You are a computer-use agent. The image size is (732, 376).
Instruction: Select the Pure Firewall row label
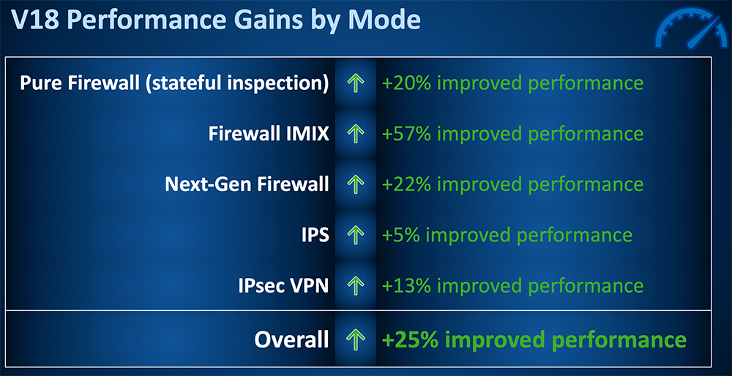pyautogui.click(x=174, y=84)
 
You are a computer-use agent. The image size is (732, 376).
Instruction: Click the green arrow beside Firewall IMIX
pyautogui.click(x=356, y=134)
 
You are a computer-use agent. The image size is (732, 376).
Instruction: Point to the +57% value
pyautogui.click(x=406, y=134)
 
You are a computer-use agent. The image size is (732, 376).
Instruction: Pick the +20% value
pyautogui.click(x=406, y=83)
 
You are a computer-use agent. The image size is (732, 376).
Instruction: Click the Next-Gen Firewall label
pyautogui.click(x=247, y=184)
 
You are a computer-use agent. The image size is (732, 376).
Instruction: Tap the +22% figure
pyautogui.click(x=406, y=184)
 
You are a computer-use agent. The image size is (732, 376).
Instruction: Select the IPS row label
pyautogui.click(x=315, y=235)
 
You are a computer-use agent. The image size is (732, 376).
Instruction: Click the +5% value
pyautogui.click(x=400, y=235)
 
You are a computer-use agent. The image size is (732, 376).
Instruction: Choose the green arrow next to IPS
pyautogui.click(x=356, y=235)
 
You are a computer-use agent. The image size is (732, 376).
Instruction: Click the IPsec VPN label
pyautogui.click(x=283, y=285)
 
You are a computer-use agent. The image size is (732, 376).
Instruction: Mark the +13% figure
pyautogui.click(x=406, y=285)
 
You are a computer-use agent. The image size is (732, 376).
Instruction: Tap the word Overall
pyautogui.click(x=292, y=339)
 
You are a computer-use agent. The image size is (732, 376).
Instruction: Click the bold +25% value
pyautogui.click(x=409, y=339)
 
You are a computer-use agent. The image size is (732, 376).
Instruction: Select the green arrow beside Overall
pyautogui.click(x=356, y=339)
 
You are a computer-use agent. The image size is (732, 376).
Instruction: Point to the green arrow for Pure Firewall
pyautogui.click(x=356, y=83)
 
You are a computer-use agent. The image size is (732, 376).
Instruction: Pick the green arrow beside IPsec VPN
pyautogui.click(x=356, y=285)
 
